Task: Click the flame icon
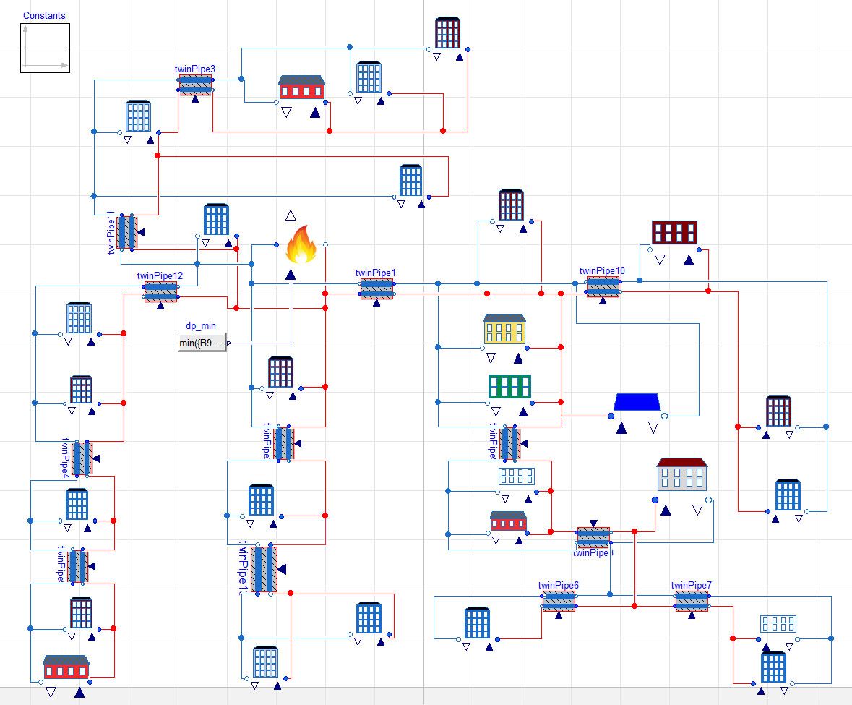301,244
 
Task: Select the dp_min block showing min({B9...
202,343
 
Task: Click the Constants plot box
45,48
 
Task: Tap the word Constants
44,15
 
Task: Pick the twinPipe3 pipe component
195,85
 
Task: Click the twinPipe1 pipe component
376,289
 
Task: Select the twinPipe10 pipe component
602,286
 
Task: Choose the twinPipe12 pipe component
160,291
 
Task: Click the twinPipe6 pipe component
559,601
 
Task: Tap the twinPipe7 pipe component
692,601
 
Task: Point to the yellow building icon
504,329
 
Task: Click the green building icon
510,386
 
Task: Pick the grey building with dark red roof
681,474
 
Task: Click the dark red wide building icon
674,232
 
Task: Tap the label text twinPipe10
602,271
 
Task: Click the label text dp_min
201,327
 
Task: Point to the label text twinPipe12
160,275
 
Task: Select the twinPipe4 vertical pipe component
82,458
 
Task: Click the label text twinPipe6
558,586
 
